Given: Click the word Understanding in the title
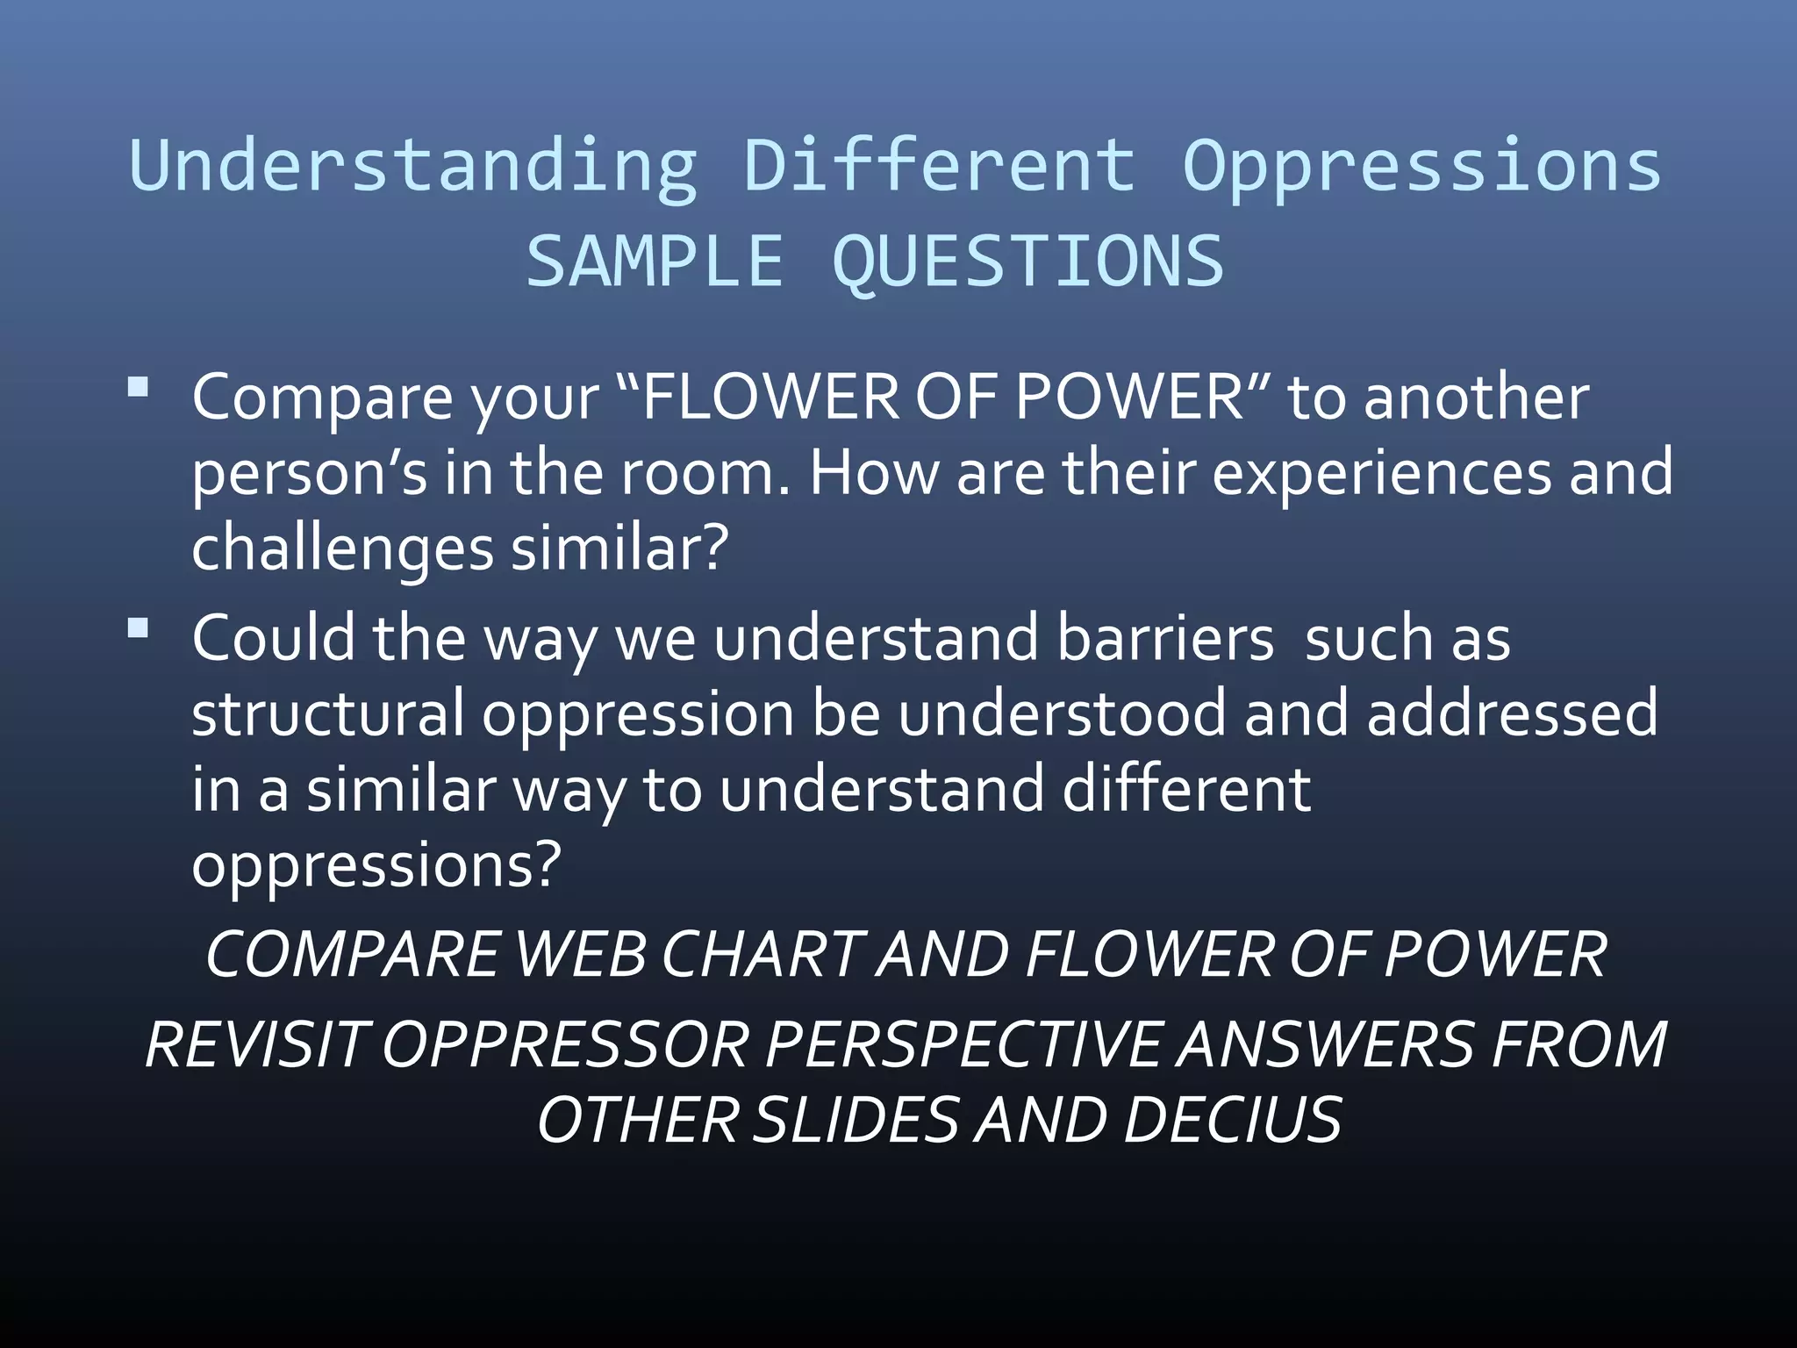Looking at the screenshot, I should click(412, 167).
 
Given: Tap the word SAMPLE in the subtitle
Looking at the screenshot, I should click(654, 261).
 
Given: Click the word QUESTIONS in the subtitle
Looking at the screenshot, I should click(1027, 262).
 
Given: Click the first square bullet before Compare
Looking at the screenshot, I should click(138, 387).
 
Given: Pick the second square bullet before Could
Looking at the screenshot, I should click(138, 628).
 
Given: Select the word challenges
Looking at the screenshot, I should click(342, 549).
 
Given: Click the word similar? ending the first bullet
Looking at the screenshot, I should click(619, 549).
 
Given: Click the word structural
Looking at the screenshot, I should click(327, 713).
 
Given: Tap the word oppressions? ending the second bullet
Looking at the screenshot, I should click(376, 865).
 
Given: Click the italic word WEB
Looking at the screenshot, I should click(580, 955).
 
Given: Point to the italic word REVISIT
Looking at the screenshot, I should click(254, 1045).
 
